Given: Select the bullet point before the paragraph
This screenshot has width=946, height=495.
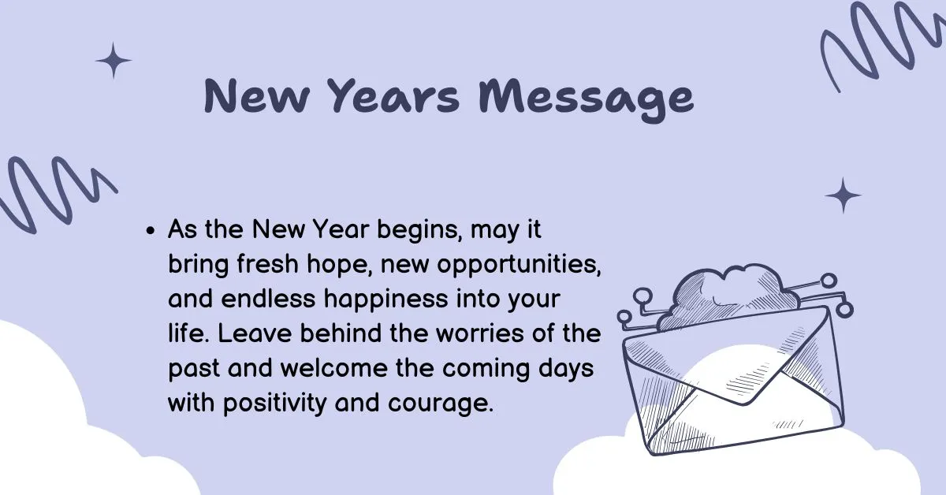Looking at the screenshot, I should pos(151,233).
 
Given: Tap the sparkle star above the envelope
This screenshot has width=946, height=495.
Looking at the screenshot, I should pos(844,195).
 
